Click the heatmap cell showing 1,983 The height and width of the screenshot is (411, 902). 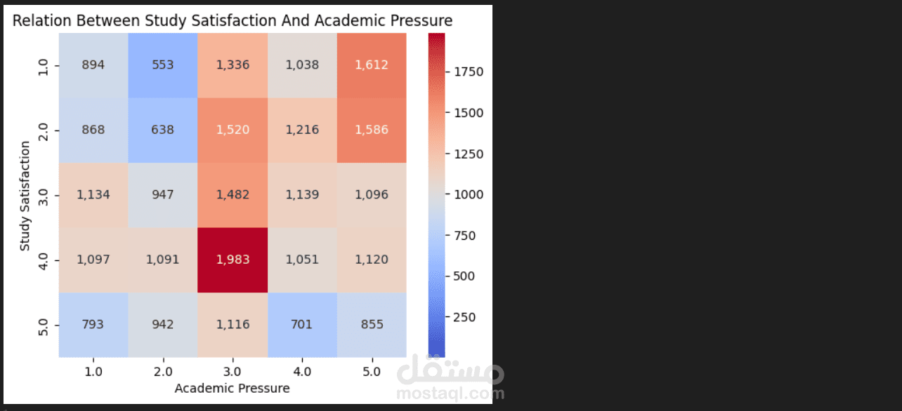[233, 260]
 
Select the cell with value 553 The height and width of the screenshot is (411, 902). [163, 65]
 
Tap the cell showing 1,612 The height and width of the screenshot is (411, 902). [372, 65]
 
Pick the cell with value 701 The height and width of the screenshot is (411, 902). [302, 324]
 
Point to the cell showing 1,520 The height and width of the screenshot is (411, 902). [233, 130]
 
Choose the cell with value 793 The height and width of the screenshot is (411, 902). [93, 324]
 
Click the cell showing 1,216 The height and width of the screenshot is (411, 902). [302, 130]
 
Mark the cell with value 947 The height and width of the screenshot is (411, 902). [163, 194]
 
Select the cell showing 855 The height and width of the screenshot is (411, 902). [372, 324]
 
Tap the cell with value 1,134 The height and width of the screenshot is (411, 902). [93, 194]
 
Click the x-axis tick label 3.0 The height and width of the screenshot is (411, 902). [233, 371]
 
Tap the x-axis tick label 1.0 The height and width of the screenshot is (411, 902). [93, 371]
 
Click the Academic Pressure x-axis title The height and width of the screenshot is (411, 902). [232, 388]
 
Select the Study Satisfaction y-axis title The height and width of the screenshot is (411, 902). [25, 196]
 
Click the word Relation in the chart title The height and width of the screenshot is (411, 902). [39, 21]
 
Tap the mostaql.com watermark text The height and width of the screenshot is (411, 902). [450, 393]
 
